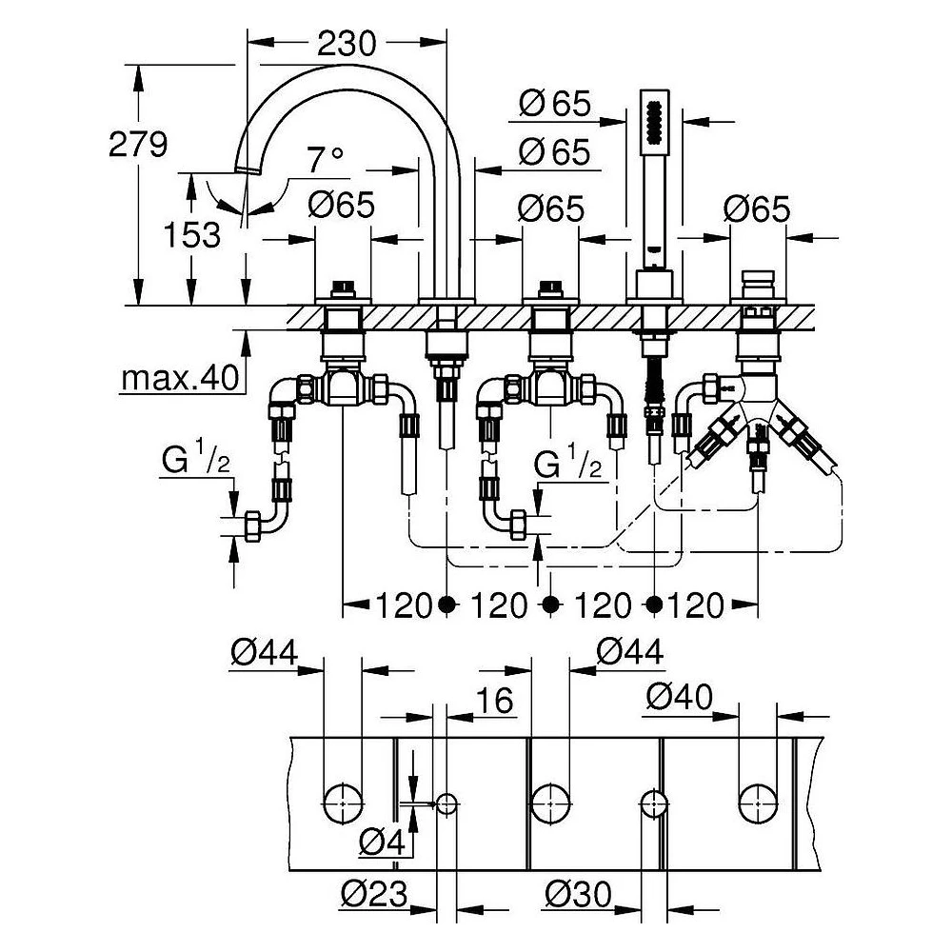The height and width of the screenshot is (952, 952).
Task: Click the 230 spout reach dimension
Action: coord(347,44)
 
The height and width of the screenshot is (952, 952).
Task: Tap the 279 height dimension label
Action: coord(138,145)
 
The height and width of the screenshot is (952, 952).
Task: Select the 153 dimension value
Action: coord(191,235)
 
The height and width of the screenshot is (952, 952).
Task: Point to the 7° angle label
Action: coord(326,159)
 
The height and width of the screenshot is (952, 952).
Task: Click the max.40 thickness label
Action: coord(180,378)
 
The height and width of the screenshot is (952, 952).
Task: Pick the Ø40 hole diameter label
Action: coord(680,697)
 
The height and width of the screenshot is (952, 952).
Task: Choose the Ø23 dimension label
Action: coord(374,894)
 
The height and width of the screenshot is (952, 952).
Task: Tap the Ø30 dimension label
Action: coord(578,894)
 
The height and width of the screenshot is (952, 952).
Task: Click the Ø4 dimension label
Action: coord(382,842)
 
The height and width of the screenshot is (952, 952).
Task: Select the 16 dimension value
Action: coord(495,700)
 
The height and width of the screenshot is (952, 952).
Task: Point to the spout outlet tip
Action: coord(248,169)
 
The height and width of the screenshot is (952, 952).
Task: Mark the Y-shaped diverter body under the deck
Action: coord(758,404)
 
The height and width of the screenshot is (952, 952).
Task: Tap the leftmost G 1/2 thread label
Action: coord(195,460)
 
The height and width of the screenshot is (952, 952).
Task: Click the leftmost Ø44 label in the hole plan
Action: coord(264,653)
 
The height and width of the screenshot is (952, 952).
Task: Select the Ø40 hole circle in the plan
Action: coord(758,803)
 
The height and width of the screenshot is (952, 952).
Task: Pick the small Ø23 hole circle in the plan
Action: coord(446,803)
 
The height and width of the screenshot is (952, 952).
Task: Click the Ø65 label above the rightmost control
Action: coord(757,208)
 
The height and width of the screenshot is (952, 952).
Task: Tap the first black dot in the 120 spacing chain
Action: coord(446,605)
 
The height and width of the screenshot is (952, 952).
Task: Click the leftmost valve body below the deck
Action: coord(343,388)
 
